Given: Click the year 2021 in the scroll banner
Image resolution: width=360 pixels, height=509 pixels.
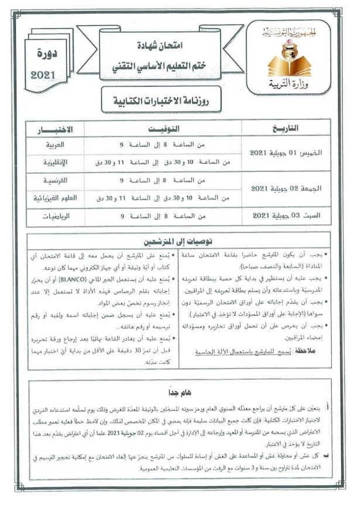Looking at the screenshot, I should (x=42, y=74).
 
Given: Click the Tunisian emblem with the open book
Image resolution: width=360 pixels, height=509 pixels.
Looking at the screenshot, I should (x=287, y=55).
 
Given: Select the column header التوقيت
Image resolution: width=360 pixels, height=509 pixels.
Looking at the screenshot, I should (x=163, y=129).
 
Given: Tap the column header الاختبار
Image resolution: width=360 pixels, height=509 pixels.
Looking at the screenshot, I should (x=56, y=129).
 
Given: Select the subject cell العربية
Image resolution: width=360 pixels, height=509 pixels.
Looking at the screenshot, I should (x=56, y=144).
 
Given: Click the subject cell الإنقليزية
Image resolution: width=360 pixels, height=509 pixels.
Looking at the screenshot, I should (x=56, y=162).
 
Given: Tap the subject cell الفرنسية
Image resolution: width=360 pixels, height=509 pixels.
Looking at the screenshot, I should (x=56, y=180).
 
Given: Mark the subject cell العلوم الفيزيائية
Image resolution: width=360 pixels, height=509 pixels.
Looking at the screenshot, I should (x=56, y=198).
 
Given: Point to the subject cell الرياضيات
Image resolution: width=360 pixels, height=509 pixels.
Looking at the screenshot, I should (x=56, y=216).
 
